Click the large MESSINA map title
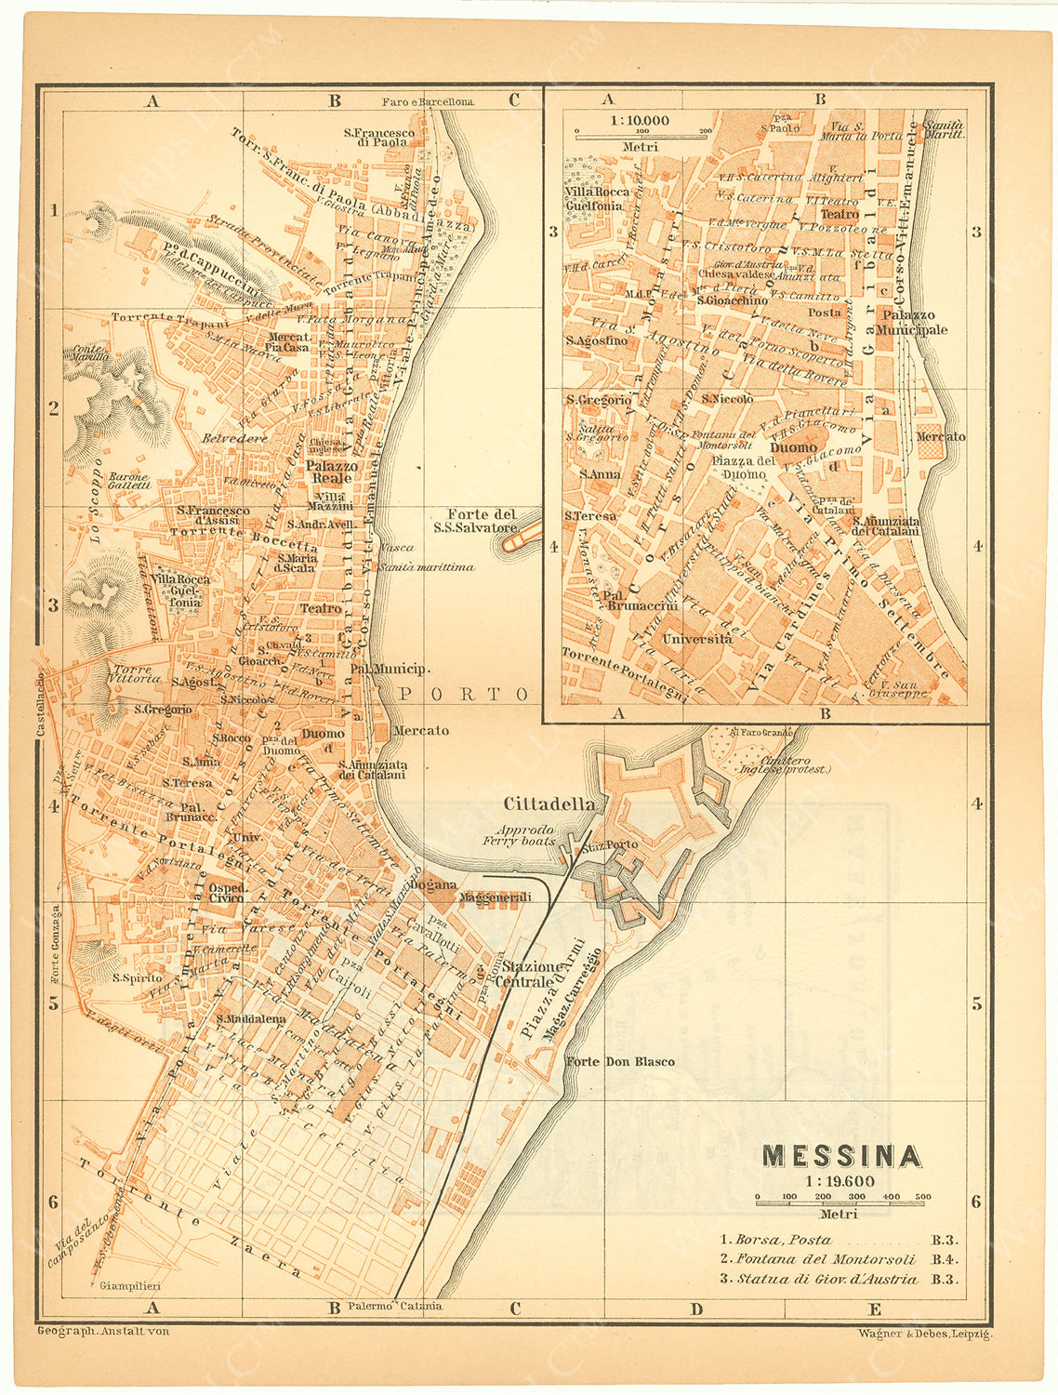pos(841,1155)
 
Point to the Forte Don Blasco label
pos(620,1061)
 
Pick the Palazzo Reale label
pos(332,472)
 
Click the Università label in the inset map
pos(696,639)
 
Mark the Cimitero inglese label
pos(783,764)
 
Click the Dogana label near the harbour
pos(433,884)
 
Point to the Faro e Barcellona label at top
pos(428,101)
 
